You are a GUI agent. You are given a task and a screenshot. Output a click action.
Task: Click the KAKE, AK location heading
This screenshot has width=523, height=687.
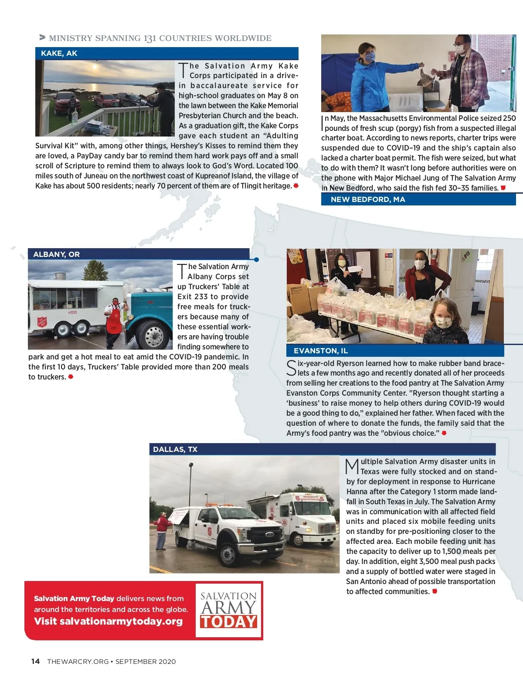pyautogui.click(x=59, y=54)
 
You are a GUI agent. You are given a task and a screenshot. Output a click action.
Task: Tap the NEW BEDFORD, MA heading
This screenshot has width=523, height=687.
pyautogui.click(x=368, y=199)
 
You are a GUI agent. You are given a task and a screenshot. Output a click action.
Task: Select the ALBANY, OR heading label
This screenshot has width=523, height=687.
pyautogui.click(x=56, y=254)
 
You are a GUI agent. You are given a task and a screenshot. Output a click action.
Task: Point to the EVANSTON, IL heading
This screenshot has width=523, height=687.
pyautogui.click(x=320, y=351)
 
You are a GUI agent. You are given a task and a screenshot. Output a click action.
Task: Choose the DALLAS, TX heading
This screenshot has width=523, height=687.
pyautogui.click(x=175, y=449)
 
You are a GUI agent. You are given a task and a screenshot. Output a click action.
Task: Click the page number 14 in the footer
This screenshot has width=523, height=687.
pyautogui.click(x=35, y=661)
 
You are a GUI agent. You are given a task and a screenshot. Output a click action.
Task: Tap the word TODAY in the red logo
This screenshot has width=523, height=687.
pyautogui.click(x=228, y=622)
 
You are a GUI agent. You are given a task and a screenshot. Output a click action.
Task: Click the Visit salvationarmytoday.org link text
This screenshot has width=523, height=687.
pyautogui.click(x=108, y=621)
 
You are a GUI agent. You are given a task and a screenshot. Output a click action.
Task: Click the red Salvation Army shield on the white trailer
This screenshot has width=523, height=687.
pyautogui.click(x=42, y=322)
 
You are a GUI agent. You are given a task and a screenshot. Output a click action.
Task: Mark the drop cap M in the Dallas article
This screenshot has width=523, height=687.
pyautogui.click(x=352, y=466)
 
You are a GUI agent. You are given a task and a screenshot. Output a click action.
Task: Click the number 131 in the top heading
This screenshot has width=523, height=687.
pyautogui.click(x=149, y=38)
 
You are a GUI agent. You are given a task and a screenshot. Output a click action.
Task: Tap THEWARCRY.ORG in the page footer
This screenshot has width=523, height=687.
pyautogui.click(x=78, y=661)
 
